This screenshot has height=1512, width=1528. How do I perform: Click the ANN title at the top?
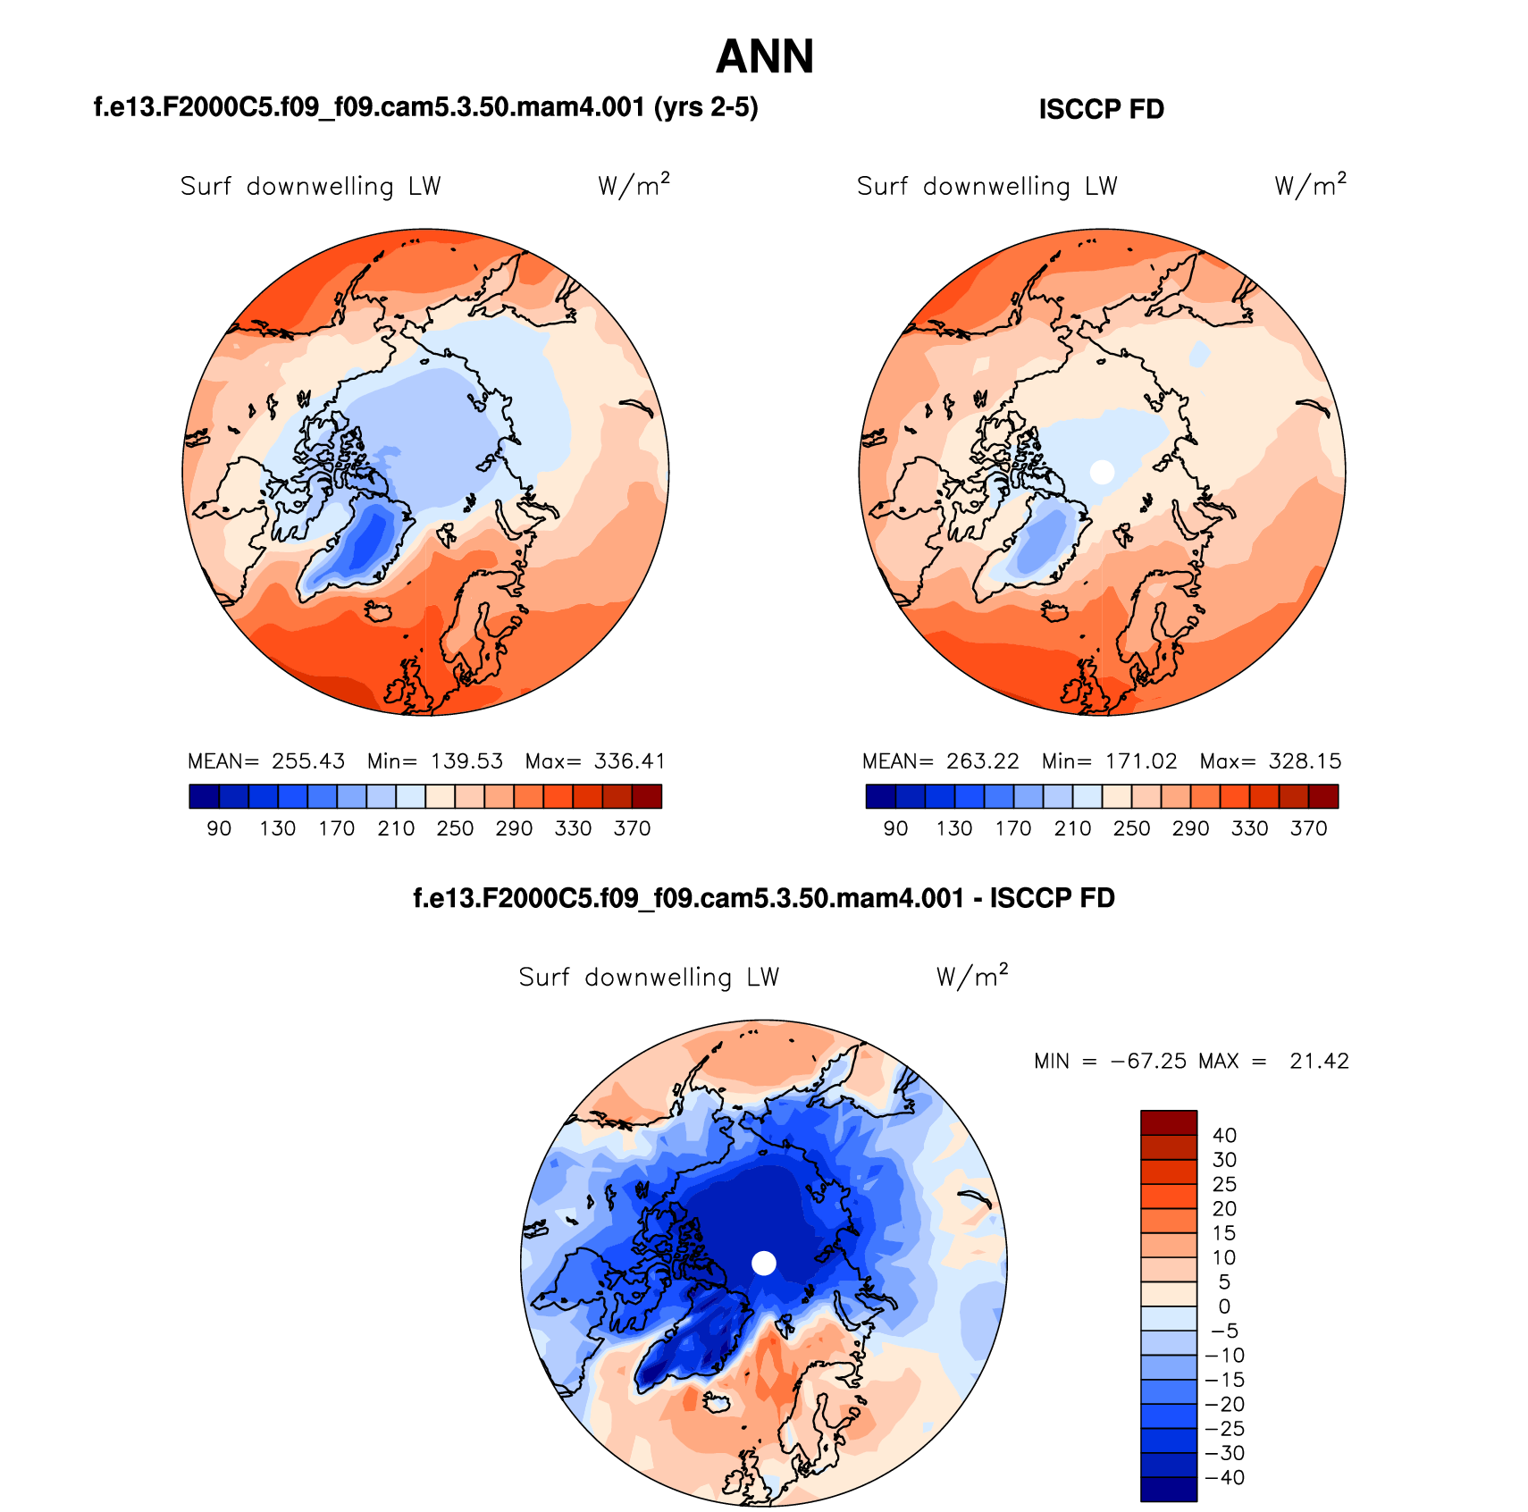point(765,56)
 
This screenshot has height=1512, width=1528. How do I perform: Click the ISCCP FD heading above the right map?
point(1101,109)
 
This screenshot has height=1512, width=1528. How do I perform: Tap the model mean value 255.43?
point(308,761)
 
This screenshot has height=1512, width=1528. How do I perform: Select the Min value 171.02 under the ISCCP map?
point(1141,761)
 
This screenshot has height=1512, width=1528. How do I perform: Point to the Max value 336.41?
point(630,761)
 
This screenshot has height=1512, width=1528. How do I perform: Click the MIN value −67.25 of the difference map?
point(1148,1061)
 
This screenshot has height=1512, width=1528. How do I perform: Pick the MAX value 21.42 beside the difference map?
point(1319,1061)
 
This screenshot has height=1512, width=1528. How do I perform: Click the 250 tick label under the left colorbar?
point(455,828)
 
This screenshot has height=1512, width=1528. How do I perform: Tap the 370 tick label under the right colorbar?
point(1308,828)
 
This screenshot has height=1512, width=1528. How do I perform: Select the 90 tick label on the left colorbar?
point(219,828)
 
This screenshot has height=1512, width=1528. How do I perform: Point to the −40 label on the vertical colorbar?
point(1224,1477)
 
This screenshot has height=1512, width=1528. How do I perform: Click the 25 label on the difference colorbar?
point(1224,1184)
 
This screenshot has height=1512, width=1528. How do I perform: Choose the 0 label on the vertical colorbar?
point(1224,1306)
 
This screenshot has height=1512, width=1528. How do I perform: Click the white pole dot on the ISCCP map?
point(1103,472)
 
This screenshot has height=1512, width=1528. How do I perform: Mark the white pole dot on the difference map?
point(764,1263)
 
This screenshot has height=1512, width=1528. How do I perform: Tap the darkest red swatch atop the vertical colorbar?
point(1168,1122)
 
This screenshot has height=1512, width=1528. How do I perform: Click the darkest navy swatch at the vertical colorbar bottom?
point(1168,1489)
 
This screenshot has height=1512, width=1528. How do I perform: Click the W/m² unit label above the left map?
point(634,185)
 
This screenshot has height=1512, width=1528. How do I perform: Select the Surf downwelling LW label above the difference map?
point(649,977)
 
